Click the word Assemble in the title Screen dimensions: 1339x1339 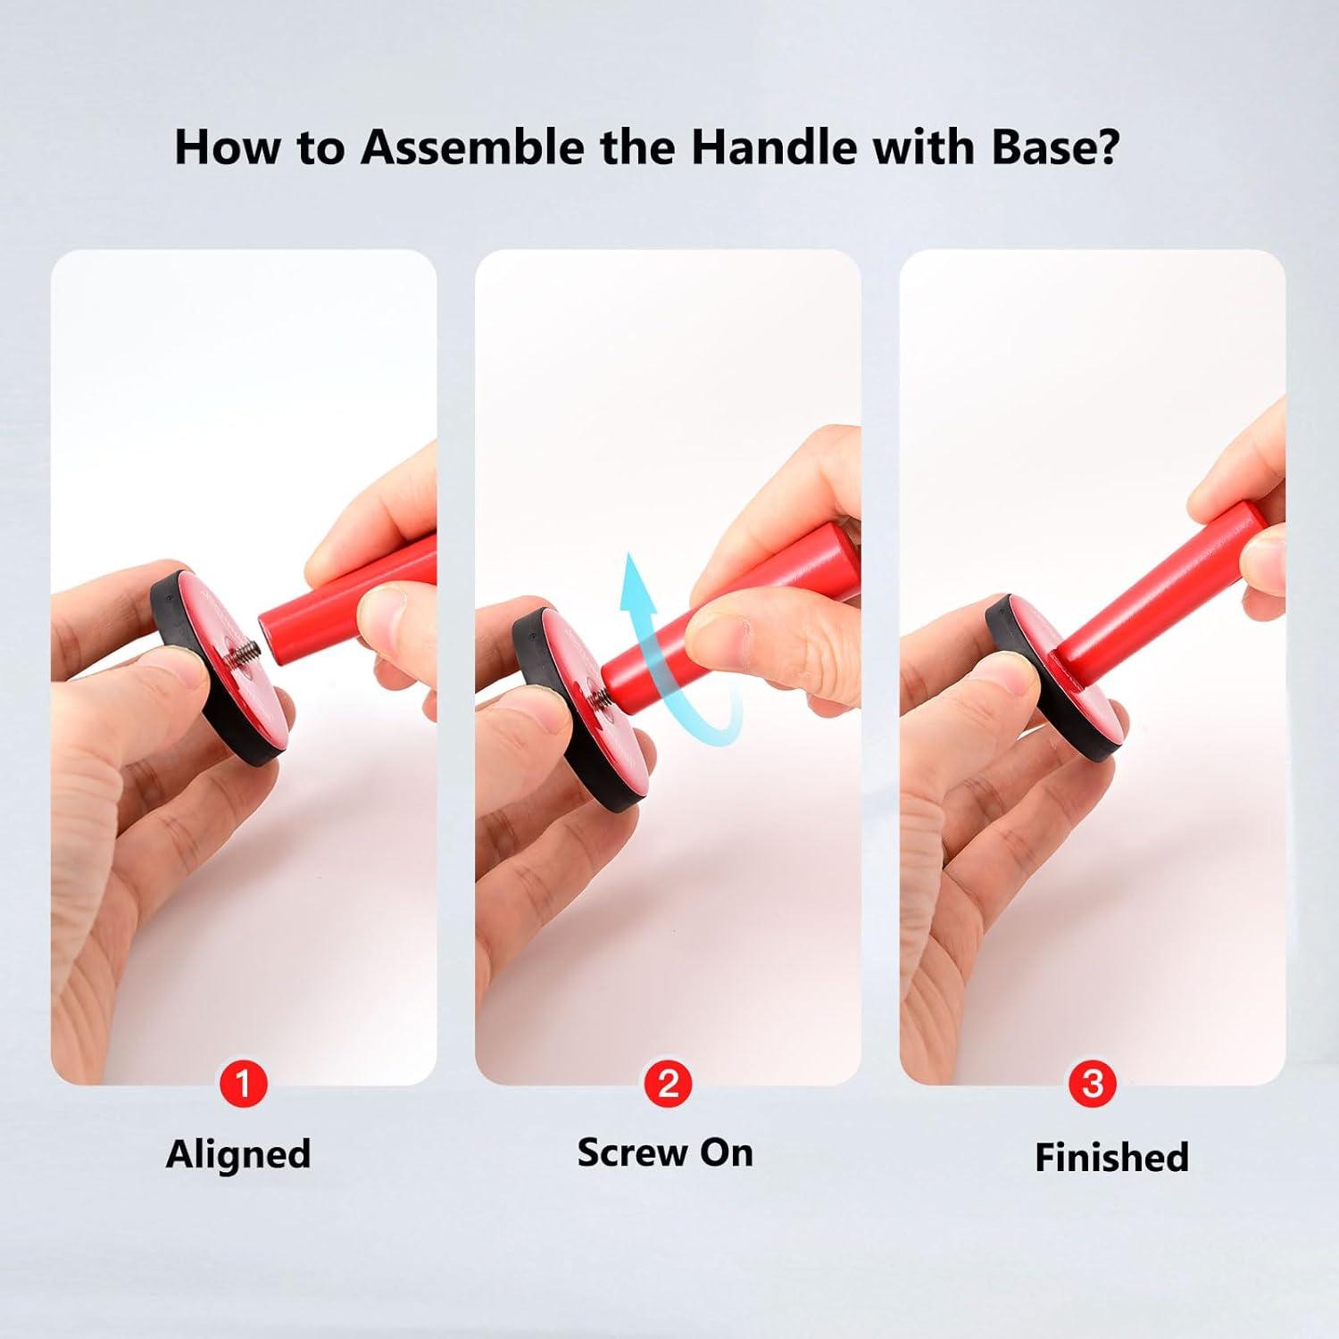point(473,146)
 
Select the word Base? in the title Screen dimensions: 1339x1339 point(1054,146)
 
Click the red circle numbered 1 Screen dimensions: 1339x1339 point(243,1085)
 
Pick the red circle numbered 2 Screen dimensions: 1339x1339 point(668,1085)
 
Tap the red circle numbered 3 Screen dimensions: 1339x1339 point(1092,1085)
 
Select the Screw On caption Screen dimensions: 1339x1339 point(665,1152)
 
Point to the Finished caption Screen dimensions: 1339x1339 point(1111,1157)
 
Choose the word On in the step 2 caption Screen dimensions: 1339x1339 point(727,1152)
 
